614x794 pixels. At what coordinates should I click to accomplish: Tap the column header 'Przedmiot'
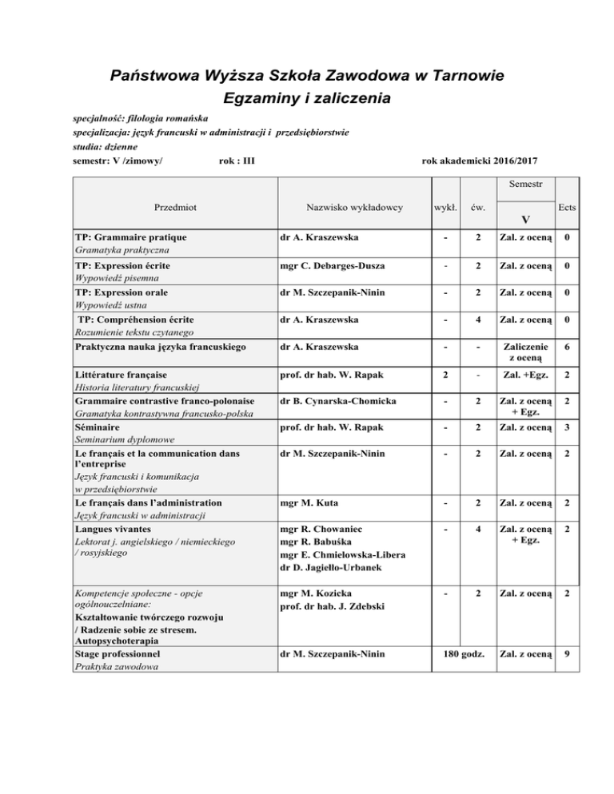tap(176, 207)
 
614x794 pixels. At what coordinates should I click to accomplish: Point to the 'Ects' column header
tap(568, 207)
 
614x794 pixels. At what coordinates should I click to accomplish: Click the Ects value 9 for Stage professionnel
tap(567, 657)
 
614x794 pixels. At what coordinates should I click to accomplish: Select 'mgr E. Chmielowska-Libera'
tap(346, 556)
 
